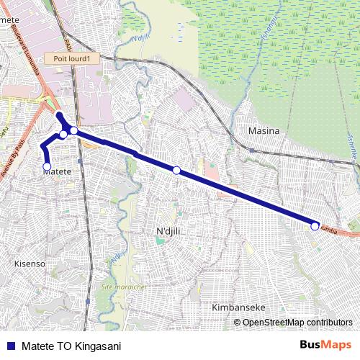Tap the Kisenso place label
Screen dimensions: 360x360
30,264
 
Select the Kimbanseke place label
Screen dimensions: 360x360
238,307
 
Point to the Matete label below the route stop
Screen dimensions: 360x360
58,172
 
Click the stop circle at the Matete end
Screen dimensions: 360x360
48,166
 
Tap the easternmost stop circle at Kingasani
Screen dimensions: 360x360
315,226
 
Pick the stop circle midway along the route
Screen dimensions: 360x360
176,170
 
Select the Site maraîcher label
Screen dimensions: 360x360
124,287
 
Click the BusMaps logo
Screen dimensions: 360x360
325,345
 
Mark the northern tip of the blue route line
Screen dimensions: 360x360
58,114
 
